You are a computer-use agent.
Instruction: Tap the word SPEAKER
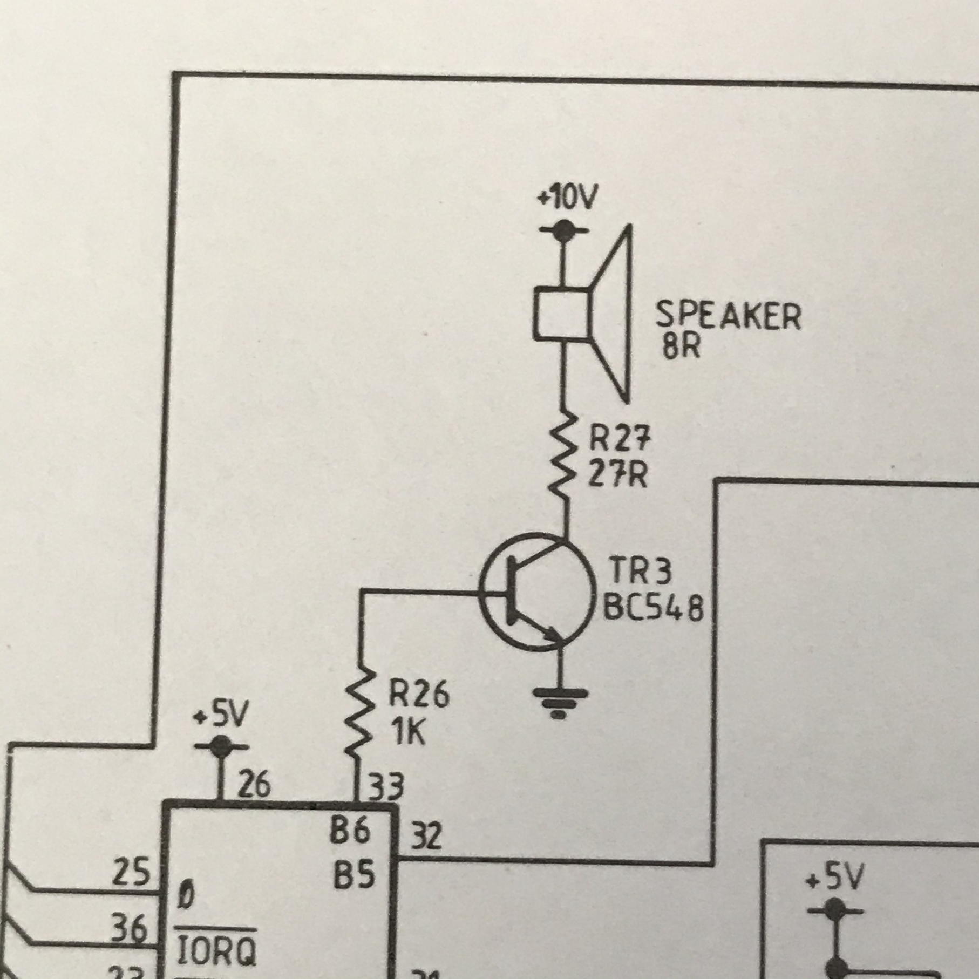click(728, 316)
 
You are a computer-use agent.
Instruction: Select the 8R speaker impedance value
click(681, 347)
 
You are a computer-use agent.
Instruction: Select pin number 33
click(385, 786)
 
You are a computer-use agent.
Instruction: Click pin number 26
click(254, 785)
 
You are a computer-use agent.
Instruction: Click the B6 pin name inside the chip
click(350, 831)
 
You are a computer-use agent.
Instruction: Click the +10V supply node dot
click(563, 230)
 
